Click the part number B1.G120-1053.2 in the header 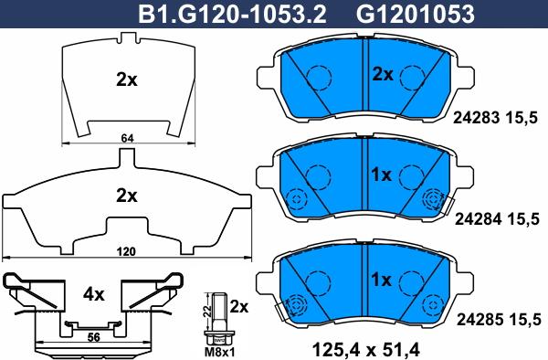232,14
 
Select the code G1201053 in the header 416,14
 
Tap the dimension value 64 127,138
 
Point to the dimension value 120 126,251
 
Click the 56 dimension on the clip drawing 93,337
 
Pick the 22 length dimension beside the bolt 207,311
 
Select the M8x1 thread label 219,353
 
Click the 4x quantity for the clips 94,294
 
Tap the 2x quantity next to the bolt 239,307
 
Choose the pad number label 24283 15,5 495,118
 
